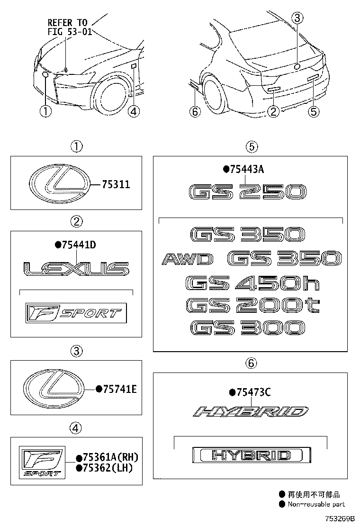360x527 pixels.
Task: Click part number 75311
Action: click(x=116, y=184)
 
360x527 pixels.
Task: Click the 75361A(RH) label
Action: click(x=107, y=457)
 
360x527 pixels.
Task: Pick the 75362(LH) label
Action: click(x=104, y=468)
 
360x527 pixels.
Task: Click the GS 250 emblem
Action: click(x=248, y=192)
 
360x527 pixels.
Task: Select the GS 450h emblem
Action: click(x=252, y=283)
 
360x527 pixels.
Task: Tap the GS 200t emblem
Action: click(x=252, y=306)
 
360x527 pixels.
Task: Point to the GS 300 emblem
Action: click(x=248, y=328)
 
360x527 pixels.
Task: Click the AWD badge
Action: click(x=188, y=259)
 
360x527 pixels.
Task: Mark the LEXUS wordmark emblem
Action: click(x=77, y=269)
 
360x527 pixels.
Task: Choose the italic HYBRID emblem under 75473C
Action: click(x=251, y=412)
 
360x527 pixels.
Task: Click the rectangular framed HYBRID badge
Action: click(x=252, y=455)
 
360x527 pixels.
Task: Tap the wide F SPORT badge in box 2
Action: click(x=76, y=313)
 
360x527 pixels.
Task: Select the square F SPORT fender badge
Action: click(x=42, y=462)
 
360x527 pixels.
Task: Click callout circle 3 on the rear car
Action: click(x=297, y=18)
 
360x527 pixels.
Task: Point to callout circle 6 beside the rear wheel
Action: click(x=196, y=111)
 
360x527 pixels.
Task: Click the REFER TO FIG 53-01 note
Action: click(x=70, y=27)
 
